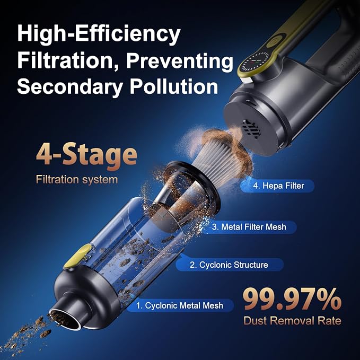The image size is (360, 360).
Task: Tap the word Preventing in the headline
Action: (180, 62)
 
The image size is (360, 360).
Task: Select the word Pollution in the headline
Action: (174, 86)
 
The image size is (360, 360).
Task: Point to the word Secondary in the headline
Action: (70, 87)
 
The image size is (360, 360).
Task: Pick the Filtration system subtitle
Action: (77, 179)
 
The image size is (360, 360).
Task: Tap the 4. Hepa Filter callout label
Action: (278, 186)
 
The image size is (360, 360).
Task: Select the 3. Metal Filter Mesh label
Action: (249, 227)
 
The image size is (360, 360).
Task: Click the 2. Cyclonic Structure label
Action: (229, 265)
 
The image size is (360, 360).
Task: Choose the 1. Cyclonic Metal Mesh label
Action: (180, 305)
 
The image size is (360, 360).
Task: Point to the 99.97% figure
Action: (292, 300)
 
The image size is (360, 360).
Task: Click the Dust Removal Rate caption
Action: (292, 321)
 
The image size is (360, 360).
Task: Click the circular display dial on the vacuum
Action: (256, 62)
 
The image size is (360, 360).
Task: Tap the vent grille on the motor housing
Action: (252, 129)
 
